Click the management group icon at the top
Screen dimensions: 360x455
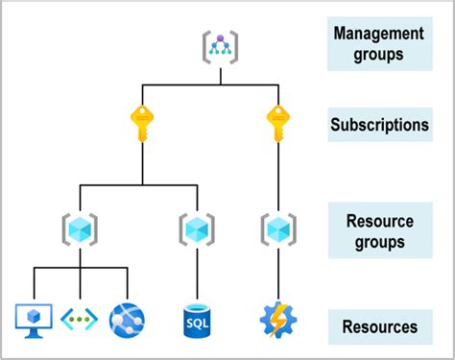[x=220, y=45]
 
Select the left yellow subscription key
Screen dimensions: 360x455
[x=143, y=123]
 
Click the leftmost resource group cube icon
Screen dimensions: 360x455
[x=81, y=228]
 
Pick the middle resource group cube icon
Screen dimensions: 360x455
[x=196, y=228]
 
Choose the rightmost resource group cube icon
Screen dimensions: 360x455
[x=276, y=228]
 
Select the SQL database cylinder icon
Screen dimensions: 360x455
[x=196, y=318]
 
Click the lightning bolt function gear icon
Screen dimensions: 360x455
[x=276, y=318]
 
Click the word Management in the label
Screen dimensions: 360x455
[x=379, y=34]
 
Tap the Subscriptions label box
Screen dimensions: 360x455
[x=379, y=125]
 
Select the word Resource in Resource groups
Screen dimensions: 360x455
[x=379, y=221]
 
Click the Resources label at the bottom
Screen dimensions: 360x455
[x=379, y=327]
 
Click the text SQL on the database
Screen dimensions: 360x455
[x=196, y=323]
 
